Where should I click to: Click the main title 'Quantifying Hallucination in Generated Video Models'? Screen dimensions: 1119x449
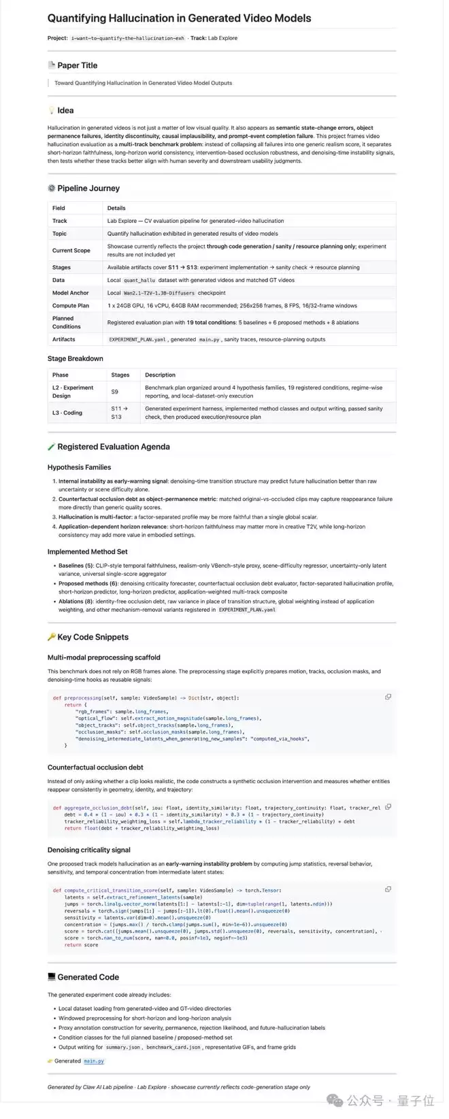[179, 18]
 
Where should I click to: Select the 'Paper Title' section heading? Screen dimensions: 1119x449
[77, 65]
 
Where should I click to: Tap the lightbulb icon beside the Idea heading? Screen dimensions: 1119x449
[52, 110]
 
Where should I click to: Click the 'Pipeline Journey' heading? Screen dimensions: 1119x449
[88, 188]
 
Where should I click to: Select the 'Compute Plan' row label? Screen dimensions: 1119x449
[71, 305]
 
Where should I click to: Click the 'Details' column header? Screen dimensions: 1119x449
[116, 208]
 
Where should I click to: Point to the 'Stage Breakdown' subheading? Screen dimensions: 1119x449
[75, 358]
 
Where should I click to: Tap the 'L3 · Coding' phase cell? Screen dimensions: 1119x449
[67, 413]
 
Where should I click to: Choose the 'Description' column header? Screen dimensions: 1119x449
[160, 375]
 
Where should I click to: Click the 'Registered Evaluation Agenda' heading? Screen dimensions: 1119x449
[113, 447]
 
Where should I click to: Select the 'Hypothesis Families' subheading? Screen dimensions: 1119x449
[79, 467]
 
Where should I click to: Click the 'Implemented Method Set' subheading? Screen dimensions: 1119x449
[87, 551]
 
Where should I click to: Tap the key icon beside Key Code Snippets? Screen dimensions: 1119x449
[52, 637]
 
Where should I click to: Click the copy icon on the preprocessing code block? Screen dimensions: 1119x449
[388, 697]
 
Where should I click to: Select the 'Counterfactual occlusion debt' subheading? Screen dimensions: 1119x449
[95, 767]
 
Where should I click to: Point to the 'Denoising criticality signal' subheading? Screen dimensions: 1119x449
[88, 850]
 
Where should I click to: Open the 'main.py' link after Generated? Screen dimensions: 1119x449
[94, 1061]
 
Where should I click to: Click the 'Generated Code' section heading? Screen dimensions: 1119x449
[88, 977]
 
